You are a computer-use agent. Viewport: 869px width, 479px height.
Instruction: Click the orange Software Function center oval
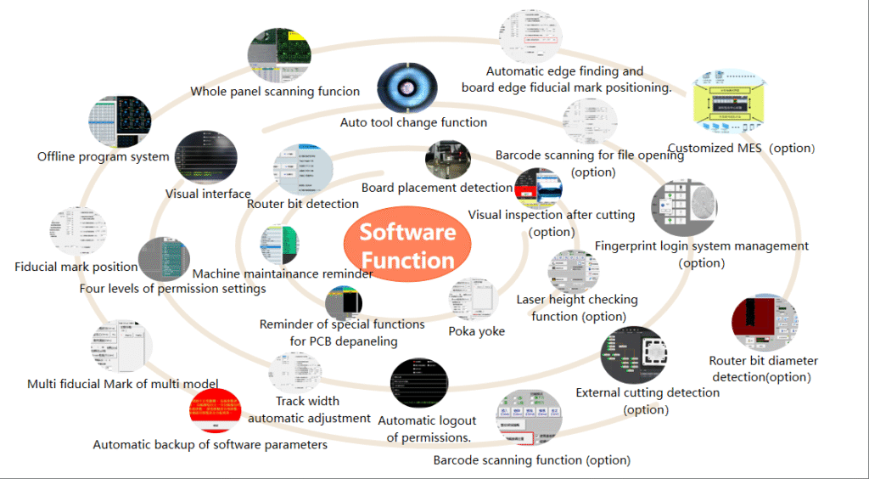click(407, 245)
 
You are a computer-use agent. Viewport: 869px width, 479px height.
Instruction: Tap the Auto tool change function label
click(413, 122)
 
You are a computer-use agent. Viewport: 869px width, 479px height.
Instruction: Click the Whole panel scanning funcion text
click(275, 92)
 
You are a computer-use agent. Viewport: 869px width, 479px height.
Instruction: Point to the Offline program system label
click(103, 156)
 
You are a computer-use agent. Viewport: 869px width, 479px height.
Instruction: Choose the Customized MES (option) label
click(741, 148)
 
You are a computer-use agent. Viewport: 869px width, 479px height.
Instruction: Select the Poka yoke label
click(476, 331)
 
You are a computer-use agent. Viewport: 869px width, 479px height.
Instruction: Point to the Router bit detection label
click(302, 204)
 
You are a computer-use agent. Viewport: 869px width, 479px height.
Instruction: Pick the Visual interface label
click(208, 194)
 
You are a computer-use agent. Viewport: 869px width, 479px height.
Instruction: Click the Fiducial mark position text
click(76, 267)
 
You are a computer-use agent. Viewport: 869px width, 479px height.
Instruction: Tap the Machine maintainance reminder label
click(283, 274)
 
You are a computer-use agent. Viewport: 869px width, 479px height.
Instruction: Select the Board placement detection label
click(436, 188)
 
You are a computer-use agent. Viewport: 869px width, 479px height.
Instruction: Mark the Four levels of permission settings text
click(172, 289)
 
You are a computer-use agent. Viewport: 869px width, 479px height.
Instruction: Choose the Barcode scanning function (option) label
click(531, 460)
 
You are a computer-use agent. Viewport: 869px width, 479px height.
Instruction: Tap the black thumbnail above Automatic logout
click(418, 384)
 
